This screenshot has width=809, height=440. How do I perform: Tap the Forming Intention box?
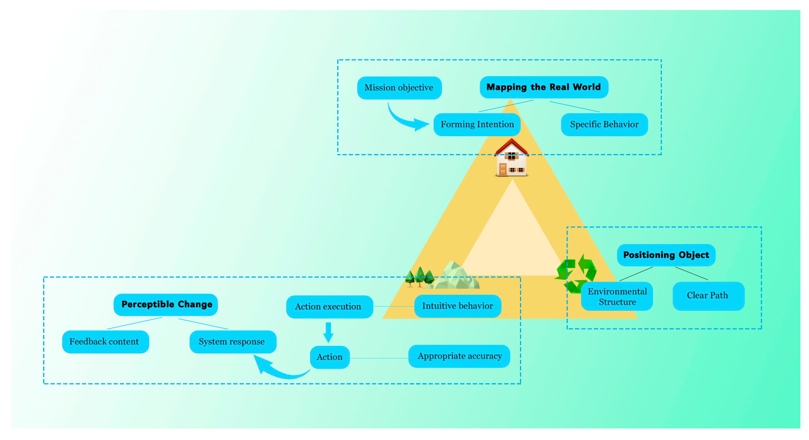[477, 125]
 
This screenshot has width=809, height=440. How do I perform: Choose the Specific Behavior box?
[604, 125]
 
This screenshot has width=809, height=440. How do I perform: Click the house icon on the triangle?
[511, 159]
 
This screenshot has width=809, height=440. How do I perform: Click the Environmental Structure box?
[617, 296]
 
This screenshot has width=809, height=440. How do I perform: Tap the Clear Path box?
[708, 296]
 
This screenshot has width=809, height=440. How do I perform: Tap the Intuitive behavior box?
[457, 306]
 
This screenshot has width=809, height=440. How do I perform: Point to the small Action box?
[329, 357]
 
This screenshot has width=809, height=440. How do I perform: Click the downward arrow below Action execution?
[328, 332]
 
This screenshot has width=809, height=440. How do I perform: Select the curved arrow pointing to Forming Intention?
[405, 120]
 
